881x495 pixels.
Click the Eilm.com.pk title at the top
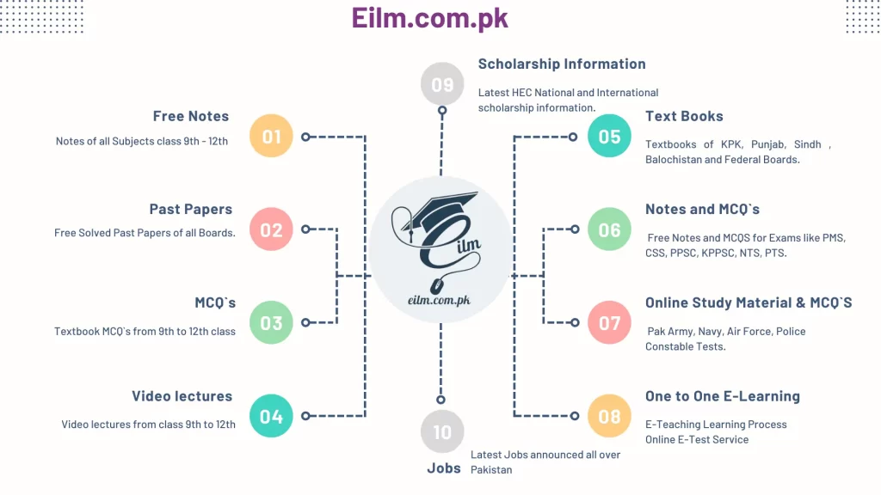tap(430, 18)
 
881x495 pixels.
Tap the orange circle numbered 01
tap(271, 136)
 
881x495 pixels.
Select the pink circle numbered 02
tap(271, 229)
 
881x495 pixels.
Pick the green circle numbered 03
tap(271, 323)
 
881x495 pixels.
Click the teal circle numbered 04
tap(271, 416)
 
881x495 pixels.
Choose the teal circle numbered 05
tap(610, 136)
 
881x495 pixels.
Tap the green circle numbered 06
tap(610, 229)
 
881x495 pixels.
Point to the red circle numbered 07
tap(610, 323)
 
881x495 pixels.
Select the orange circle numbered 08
tap(610, 416)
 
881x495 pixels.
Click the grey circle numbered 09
tap(442, 84)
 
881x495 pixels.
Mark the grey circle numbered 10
tap(442, 431)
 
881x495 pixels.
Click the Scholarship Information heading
tap(562, 64)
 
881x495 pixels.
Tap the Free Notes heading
tap(191, 116)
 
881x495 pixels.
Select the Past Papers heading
tap(191, 210)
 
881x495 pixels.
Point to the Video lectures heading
tap(182, 396)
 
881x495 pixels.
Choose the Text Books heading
tap(684, 116)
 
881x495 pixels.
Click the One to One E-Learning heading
tap(723, 396)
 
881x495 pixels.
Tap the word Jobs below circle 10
tap(444, 468)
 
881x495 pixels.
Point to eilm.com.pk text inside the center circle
tap(440, 300)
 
